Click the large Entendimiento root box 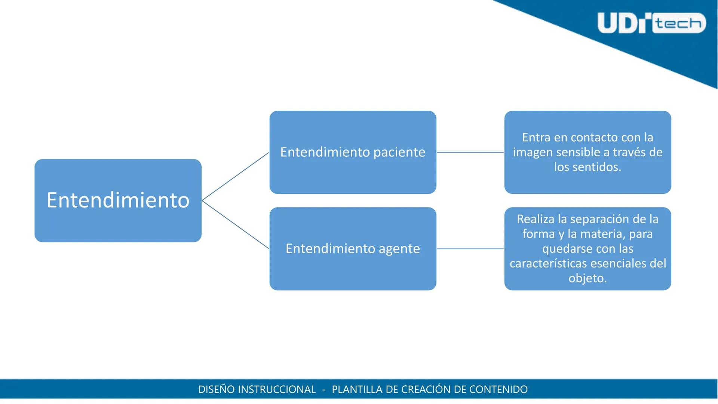point(118,201)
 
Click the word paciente point(399,152)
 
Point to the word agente point(399,249)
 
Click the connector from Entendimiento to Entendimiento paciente point(235,177)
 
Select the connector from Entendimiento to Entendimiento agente point(235,225)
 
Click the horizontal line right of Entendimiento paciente point(470,152)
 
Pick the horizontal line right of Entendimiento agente point(470,249)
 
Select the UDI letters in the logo point(624,23)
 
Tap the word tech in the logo point(679,23)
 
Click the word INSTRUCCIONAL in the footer point(277,389)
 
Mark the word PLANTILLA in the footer point(357,389)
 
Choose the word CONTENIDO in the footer point(498,389)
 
